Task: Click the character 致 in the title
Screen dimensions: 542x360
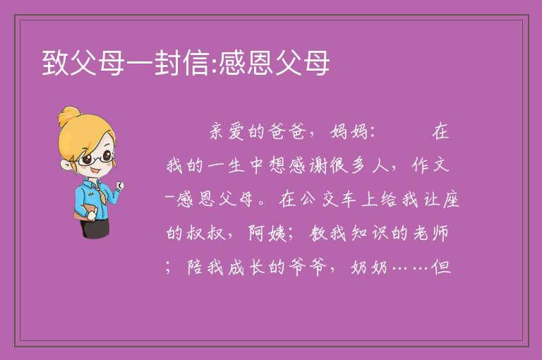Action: coord(55,63)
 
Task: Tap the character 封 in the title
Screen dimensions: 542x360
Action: coord(167,63)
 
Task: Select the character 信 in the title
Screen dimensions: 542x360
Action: coord(195,63)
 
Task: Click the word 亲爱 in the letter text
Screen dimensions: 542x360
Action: coord(227,132)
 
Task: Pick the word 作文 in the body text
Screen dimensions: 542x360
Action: coord(430,165)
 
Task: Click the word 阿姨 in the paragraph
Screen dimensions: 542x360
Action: coord(267,233)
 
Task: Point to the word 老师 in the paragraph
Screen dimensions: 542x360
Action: coord(430,233)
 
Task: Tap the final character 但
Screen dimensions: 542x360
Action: coord(441,267)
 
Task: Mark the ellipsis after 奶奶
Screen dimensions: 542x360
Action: coord(411,268)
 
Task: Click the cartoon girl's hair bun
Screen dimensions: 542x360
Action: coord(69,116)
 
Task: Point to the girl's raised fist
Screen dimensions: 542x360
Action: coord(119,186)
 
